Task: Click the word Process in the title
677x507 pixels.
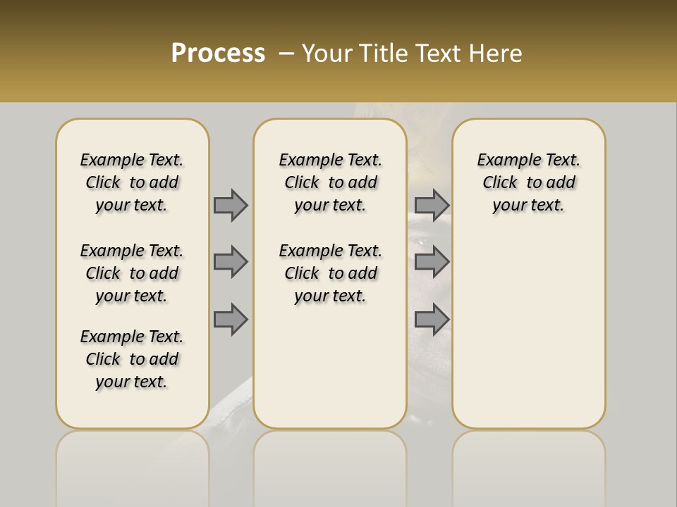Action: tap(218, 53)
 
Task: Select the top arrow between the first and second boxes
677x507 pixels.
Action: tap(231, 205)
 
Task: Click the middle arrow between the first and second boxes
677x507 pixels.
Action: tap(231, 262)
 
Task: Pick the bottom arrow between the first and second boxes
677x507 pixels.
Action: tap(231, 319)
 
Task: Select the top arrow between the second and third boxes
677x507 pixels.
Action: tap(432, 205)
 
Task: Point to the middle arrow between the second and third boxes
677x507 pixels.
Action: tap(432, 262)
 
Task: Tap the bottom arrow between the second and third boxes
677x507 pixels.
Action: tap(432, 319)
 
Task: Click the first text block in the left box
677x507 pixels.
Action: tap(132, 182)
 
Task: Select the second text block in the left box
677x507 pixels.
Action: tap(132, 273)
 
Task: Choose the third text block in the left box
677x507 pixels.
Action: tap(132, 359)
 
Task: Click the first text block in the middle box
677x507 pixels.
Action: tap(330, 182)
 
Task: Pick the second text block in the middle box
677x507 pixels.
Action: tap(330, 273)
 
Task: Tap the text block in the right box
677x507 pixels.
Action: tap(529, 182)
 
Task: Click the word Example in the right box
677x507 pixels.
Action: tap(504, 161)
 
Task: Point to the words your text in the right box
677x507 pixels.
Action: tap(529, 206)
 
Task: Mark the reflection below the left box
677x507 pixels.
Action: tap(133, 465)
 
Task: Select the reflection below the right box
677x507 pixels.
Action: tap(529, 465)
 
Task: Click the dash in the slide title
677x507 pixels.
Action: tap(286, 54)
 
